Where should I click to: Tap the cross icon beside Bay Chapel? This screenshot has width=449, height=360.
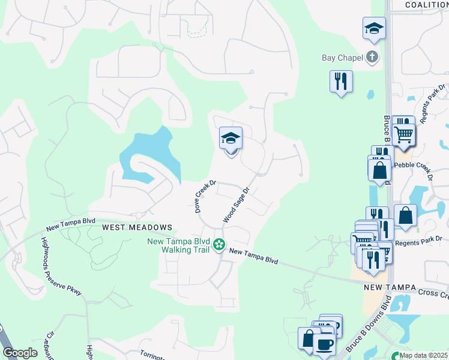(372, 58)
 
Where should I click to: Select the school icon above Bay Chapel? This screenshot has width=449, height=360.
(373, 28)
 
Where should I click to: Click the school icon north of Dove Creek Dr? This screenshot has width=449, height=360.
(231, 139)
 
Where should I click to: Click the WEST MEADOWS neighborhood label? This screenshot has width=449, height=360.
(137, 228)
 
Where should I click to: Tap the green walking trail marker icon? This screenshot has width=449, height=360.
(220, 244)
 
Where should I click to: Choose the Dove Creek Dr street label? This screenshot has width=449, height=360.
(205, 196)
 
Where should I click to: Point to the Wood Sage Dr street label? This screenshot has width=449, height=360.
(236, 205)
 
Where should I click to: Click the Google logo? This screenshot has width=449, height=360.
(20, 353)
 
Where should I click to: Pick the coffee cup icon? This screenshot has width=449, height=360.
(325, 346)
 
